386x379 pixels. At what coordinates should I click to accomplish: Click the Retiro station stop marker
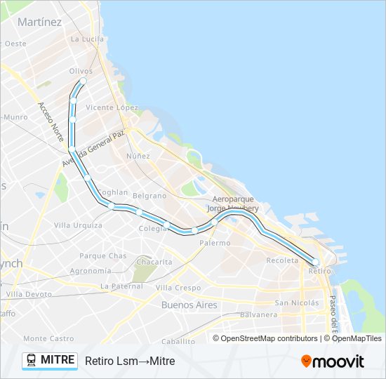coord(315,262)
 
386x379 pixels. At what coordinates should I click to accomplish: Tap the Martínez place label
coord(40,22)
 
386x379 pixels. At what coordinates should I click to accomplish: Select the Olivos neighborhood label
coord(81,71)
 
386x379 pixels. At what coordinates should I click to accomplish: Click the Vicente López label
coord(112,107)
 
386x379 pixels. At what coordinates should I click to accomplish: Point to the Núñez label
coord(138,155)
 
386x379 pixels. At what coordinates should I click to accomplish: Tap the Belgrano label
coord(149,196)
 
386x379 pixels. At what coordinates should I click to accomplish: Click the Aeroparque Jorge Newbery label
coord(233,204)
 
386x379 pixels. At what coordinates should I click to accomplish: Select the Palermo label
coord(214,243)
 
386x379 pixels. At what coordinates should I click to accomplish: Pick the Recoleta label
coord(282,260)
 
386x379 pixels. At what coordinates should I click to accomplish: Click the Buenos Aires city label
coord(189,305)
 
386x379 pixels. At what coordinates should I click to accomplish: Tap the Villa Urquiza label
coord(78,225)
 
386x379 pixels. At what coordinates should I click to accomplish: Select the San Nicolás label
coord(296,302)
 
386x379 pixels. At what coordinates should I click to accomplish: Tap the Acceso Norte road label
coord(51,120)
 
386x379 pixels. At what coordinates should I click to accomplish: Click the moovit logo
coord(333,361)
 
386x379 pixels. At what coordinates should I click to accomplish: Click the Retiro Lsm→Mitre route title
coord(130,361)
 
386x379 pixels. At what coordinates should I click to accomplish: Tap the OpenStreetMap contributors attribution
coord(269,338)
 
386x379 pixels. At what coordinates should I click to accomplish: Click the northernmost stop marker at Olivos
coord(83,81)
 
